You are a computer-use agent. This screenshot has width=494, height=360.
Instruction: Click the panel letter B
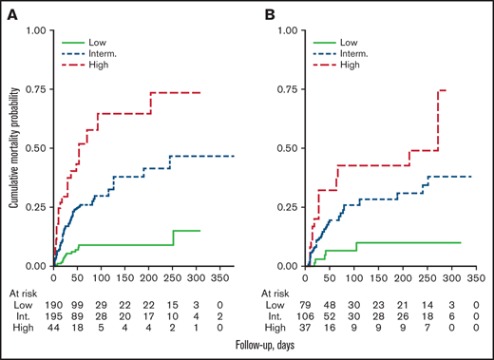[269, 14]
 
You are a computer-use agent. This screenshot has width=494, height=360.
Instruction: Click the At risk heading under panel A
[22, 293]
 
